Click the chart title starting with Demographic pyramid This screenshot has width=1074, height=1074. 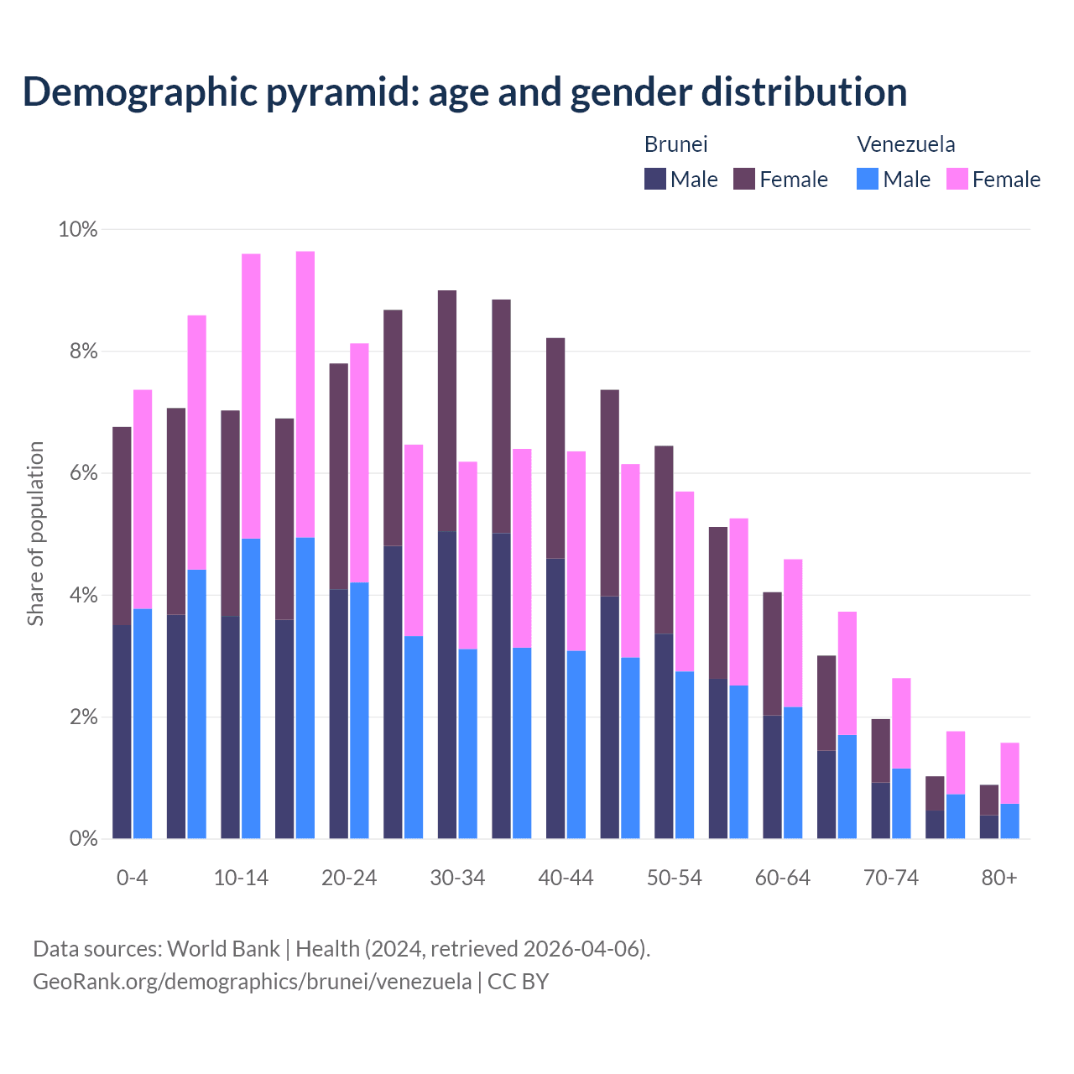(x=464, y=92)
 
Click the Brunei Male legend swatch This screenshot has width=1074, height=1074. (x=655, y=179)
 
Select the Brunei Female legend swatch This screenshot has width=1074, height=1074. (x=744, y=179)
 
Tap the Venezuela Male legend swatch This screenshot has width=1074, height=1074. (x=868, y=179)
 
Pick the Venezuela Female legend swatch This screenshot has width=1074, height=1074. (x=957, y=179)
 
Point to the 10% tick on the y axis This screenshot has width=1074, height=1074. (x=77, y=229)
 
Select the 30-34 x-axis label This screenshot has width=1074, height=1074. (x=457, y=878)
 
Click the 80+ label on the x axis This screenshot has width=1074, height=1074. (x=999, y=878)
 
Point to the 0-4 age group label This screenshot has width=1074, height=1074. (x=133, y=878)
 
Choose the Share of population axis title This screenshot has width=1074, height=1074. (x=35, y=534)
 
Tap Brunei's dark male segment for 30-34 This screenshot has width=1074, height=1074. (x=447, y=685)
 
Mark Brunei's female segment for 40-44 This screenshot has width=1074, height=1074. (x=555, y=448)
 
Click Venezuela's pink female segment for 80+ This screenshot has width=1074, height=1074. (x=1010, y=773)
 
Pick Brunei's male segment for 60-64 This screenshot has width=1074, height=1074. (x=772, y=776)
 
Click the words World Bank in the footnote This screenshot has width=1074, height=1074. (x=223, y=949)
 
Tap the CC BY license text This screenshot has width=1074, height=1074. (x=518, y=982)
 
